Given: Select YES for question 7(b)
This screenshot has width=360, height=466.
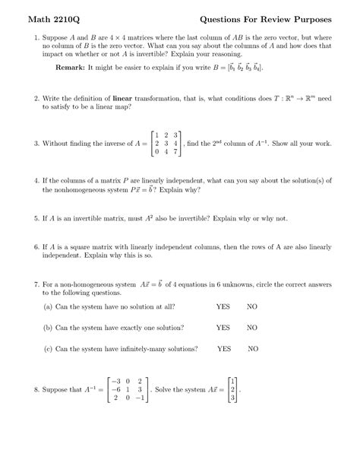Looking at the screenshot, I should (x=223, y=328).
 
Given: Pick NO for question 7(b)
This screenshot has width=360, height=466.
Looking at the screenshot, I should (x=252, y=328).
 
